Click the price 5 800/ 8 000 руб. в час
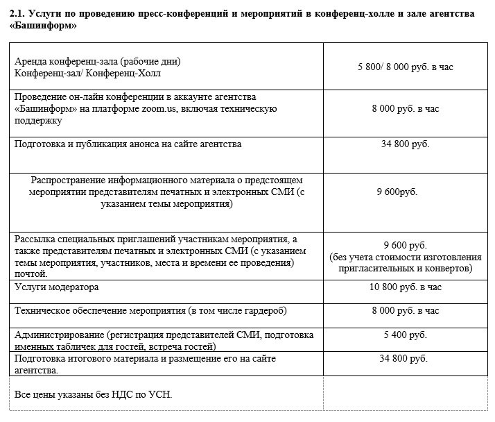406,67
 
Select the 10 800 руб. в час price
406,287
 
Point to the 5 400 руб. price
406,335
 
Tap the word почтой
29,274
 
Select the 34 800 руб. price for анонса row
406,144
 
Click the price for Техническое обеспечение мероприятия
406,310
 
